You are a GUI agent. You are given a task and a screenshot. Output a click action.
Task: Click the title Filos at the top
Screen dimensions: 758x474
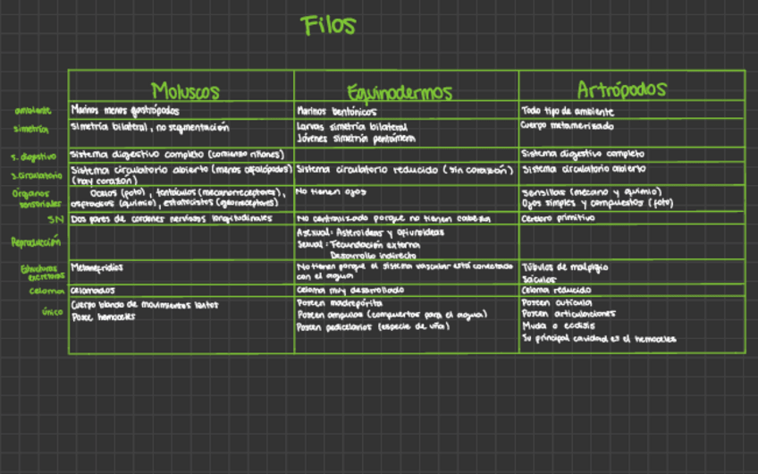329,26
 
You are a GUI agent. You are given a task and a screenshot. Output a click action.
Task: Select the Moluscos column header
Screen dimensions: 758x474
184,91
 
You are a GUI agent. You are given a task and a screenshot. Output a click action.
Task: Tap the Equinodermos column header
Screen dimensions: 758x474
400,92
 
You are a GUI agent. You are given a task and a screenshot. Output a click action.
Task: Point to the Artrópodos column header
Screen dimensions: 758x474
621,90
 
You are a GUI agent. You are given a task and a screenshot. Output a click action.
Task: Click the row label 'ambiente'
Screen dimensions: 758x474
32,112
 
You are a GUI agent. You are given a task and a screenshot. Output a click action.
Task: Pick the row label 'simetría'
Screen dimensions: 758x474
31,129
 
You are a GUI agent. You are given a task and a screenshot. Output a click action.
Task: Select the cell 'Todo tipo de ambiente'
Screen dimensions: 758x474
567,111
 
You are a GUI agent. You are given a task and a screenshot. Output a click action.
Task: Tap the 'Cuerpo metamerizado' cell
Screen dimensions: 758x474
567,126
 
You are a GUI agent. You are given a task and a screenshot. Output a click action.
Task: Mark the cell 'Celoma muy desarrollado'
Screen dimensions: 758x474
350,291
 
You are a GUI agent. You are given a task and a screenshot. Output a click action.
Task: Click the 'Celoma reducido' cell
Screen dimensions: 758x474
556,291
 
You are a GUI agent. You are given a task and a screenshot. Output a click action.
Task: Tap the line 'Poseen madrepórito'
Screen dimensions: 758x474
336,304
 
